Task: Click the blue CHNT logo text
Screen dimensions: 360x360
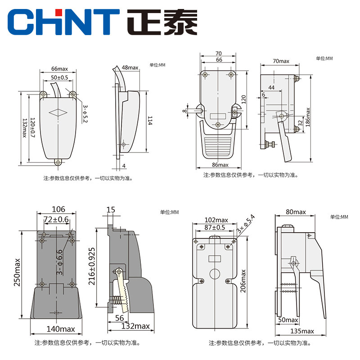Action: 63,22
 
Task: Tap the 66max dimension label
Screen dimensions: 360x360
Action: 59,69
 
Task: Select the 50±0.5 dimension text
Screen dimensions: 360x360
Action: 59,77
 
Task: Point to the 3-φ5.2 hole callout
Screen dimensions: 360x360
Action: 85,114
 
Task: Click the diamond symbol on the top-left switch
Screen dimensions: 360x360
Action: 58,112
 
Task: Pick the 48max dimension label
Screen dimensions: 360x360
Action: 130,67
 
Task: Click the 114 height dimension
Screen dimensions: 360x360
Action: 150,121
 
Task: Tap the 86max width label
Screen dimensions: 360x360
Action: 220,165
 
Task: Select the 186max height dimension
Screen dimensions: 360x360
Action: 308,117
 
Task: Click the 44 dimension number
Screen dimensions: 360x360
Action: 271,87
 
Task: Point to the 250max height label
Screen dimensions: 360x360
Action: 17,272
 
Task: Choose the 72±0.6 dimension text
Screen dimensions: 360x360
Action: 56,220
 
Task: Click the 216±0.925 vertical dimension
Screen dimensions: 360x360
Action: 92,266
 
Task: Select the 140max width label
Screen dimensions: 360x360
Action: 61,329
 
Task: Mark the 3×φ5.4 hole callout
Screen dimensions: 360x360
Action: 246,224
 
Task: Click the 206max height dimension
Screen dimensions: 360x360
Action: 243,281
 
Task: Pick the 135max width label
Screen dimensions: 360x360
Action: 302,331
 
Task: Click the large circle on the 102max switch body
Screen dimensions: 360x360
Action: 215,274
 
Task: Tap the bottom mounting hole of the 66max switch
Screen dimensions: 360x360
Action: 58,162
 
